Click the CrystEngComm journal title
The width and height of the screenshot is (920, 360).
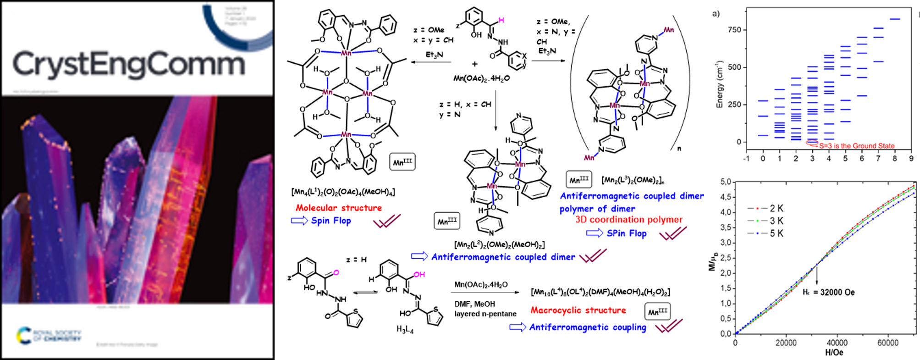coord(129,64)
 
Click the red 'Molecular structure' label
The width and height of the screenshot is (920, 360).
coord(339,208)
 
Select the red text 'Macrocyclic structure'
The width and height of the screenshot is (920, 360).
coord(578,310)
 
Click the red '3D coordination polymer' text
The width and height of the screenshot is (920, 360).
coord(629,220)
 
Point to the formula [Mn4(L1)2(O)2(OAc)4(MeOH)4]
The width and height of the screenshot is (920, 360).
coord(343,192)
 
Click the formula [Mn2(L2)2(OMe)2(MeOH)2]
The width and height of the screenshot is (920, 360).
coord(499,244)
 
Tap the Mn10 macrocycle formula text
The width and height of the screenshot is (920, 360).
coord(600,292)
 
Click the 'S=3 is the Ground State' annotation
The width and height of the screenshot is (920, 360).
coord(856,146)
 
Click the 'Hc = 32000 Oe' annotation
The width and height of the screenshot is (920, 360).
coord(828,292)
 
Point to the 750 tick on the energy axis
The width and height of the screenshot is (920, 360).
coord(734,30)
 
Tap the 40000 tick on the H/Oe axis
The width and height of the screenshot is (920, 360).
coord(837,343)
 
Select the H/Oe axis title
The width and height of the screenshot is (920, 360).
coord(834,353)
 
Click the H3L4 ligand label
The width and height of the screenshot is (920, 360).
coord(405,329)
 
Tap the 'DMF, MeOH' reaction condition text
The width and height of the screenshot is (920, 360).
coord(474,304)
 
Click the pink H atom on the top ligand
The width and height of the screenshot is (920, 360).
coord(501,20)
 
